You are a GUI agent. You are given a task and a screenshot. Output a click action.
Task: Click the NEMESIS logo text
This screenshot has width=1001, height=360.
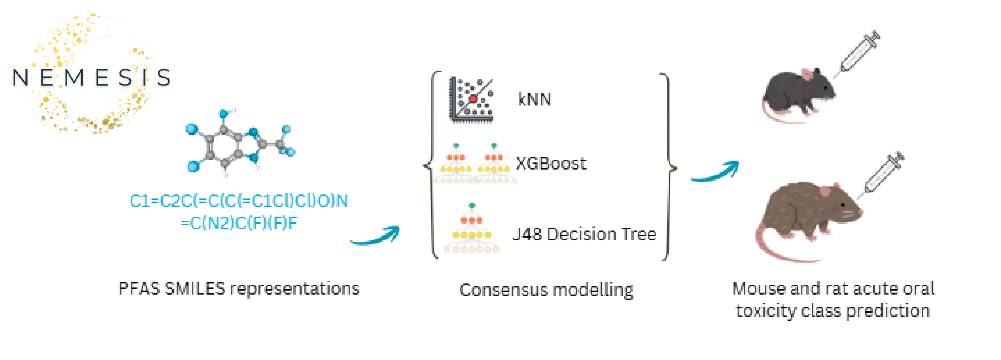tap(91, 77)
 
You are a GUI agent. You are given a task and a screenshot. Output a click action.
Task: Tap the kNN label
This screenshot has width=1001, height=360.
tap(534, 99)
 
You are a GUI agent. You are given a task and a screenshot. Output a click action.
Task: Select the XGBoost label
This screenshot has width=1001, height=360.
tap(551, 164)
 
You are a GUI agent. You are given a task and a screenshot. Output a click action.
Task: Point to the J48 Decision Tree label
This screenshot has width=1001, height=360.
tap(584, 234)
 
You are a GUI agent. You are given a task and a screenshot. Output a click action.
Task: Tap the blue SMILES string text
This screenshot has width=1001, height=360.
tap(239, 212)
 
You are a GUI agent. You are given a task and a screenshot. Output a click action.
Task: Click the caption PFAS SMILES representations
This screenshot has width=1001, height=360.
tap(238, 289)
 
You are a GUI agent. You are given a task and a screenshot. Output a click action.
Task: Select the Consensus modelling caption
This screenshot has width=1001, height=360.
tap(546, 290)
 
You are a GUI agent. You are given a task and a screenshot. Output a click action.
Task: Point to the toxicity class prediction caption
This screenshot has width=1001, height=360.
tap(833, 300)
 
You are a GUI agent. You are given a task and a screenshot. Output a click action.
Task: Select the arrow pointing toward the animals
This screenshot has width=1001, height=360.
tap(715, 172)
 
